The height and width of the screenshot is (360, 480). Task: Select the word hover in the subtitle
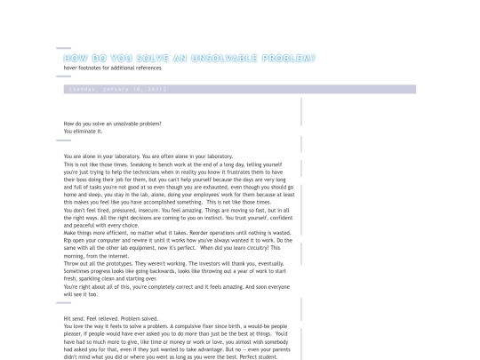pyautogui.click(x=70, y=68)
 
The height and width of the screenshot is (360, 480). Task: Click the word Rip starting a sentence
pyautogui.click(x=68, y=239)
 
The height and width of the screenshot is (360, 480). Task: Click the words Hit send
pyautogui.click(x=75, y=318)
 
